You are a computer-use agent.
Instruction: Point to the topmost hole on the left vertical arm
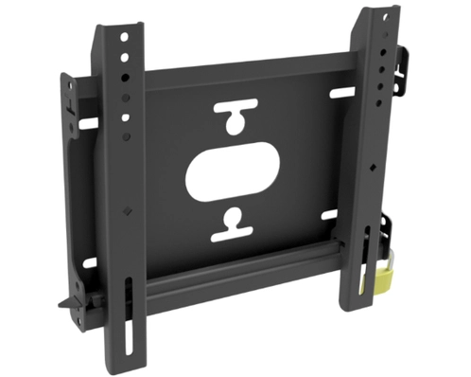click(x=122, y=37)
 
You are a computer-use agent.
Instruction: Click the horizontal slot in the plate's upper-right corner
click(x=342, y=93)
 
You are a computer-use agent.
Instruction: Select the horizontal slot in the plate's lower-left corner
click(x=90, y=262)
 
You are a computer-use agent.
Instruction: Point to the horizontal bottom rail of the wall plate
click(x=236, y=275)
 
